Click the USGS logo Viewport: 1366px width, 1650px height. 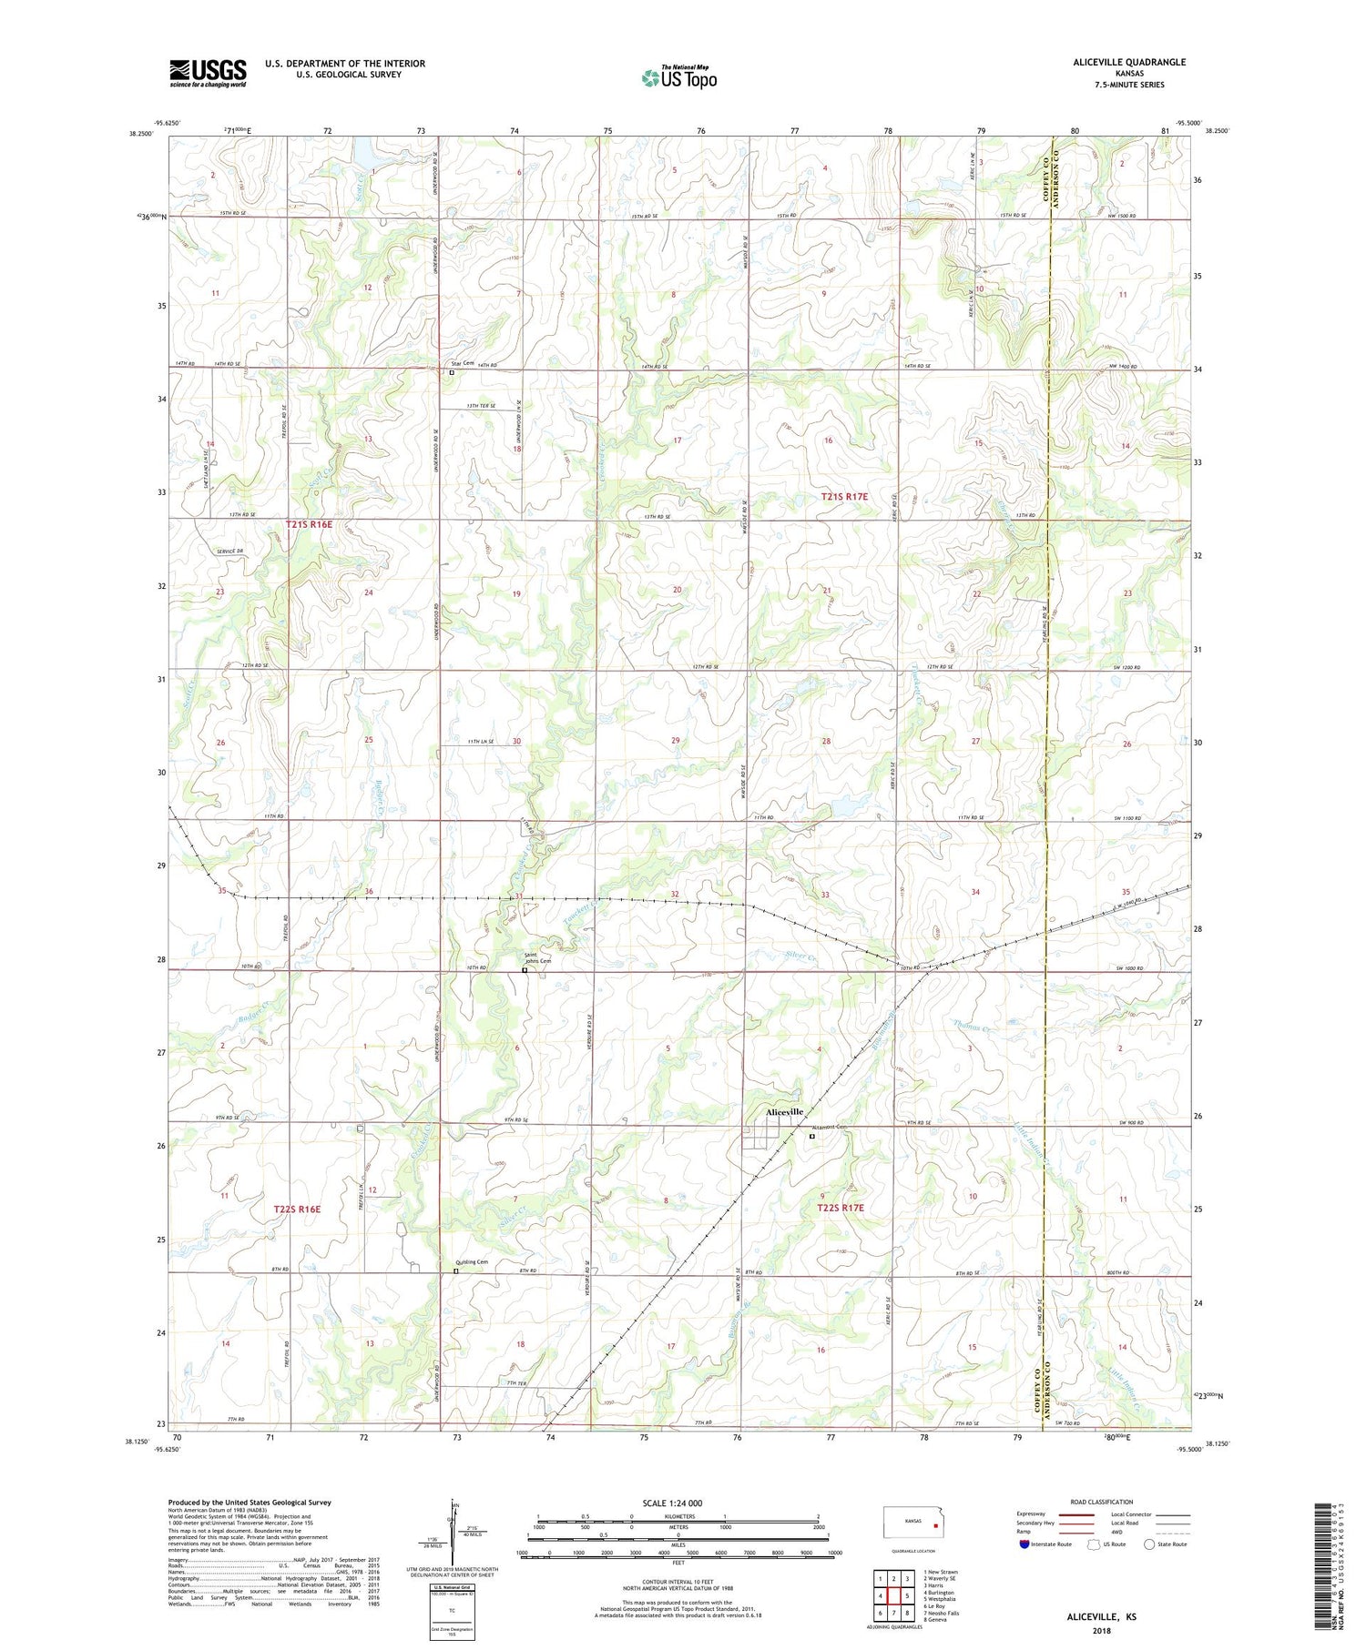tap(208, 73)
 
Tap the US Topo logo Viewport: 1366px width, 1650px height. tap(678, 77)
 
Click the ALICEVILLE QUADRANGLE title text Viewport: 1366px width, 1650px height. tap(1116, 62)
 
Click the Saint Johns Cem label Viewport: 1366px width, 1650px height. tap(537, 957)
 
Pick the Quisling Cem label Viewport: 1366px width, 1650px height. tap(472, 1262)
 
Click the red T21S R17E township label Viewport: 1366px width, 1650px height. tap(844, 497)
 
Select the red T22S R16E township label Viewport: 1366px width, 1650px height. tap(297, 1210)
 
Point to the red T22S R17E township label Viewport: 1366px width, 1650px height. tap(840, 1209)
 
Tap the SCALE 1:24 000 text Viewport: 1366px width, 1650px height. tap(678, 1503)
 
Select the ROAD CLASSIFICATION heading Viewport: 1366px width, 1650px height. tap(1102, 1502)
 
